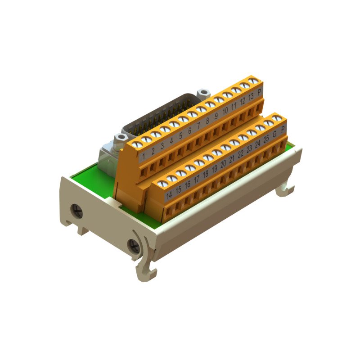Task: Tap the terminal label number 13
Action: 251,96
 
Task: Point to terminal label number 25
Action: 266,139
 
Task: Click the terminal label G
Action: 274,134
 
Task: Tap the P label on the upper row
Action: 259,91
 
